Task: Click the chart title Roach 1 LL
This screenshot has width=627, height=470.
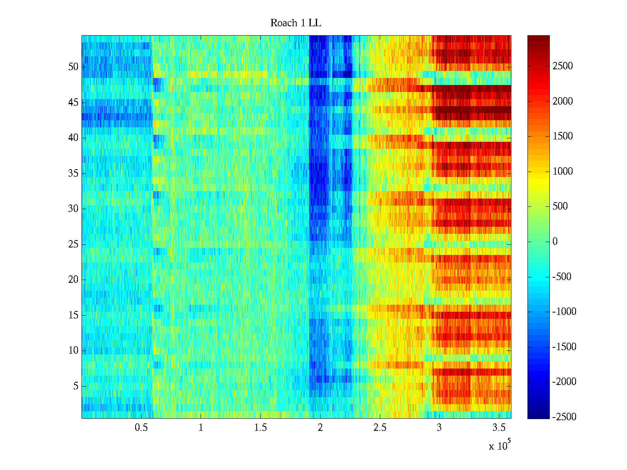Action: tap(295, 23)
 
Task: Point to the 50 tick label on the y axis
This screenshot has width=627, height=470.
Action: tap(73, 67)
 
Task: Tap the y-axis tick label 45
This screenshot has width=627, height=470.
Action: tap(73, 103)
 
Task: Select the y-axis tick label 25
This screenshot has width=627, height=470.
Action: tap(73, 244)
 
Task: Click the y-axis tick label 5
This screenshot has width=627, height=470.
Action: tap(76, 386)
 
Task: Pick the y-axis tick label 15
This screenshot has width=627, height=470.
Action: tap(73, 315)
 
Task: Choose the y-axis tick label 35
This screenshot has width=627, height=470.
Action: tap(73, 174)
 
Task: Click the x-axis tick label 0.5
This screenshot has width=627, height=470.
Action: tap(141, 428)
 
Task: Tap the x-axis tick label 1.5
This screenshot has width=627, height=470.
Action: tap(260, 428)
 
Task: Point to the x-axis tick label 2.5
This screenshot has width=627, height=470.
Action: tap(379, 428)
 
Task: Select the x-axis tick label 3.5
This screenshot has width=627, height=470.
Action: tap(498, 428)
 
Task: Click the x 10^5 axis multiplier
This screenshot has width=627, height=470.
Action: tap(500, 445)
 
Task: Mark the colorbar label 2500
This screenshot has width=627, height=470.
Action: tap(563, 66)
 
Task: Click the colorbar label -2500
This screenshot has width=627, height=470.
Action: tap(564, 417)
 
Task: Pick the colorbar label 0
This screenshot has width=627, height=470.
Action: tap(555, 242)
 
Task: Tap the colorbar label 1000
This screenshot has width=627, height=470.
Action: tap(563, 172)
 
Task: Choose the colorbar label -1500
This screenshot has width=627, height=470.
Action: tap(564, 347)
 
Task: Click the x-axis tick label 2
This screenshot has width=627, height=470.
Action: tap(320, 428)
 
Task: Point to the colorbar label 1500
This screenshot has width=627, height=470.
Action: tap(563, 136)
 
